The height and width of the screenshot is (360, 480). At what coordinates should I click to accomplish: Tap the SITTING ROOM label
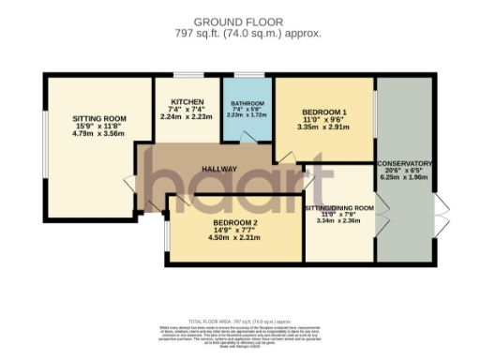click(99, 118)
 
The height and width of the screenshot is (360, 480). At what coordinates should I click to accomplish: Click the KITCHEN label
click(186, 103)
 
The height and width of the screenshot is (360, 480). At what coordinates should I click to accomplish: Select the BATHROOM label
click(247, 103)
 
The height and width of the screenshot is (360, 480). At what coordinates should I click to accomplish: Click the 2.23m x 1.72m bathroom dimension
click(247, 115)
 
